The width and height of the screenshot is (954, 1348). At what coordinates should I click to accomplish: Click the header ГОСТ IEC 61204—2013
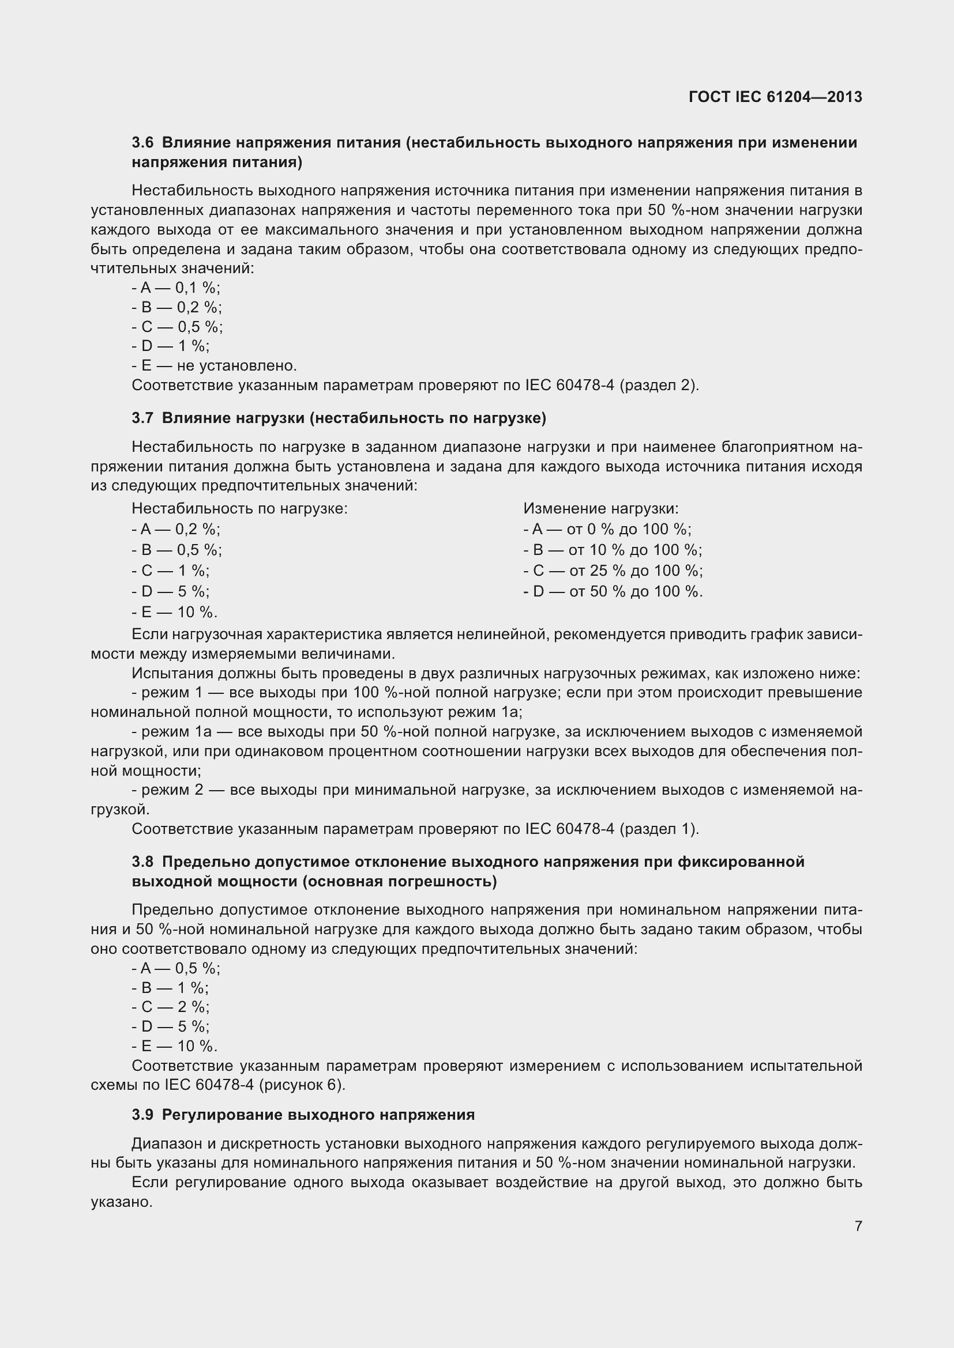(x=775, y=97)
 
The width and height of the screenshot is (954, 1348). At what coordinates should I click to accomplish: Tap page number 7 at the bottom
(x=858, y=1226)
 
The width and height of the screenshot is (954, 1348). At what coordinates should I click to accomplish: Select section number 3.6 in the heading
(x=142, y=143)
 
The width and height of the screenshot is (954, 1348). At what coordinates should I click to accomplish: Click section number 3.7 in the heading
(x=142, y=418)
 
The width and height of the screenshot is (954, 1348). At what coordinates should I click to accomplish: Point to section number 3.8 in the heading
(x=142, y=862)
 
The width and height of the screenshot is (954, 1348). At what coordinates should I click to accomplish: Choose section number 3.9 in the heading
(x=142, y=1115)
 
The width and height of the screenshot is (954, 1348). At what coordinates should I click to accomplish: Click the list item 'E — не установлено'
(x=215, y=366)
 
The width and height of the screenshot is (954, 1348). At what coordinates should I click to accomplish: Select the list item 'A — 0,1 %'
(x=176, y=288)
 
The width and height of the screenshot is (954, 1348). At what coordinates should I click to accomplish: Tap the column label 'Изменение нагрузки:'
(x=600, y=508)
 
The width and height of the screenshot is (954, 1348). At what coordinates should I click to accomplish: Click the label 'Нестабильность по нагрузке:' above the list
(x=240, y=508)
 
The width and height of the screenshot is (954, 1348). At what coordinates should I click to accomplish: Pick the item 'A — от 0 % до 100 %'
(x=607, y=530)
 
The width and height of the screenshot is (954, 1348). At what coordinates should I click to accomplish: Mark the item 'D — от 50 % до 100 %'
(x=613, y=591)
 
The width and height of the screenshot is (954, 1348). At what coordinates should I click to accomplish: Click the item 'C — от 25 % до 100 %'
(x=613, y=571)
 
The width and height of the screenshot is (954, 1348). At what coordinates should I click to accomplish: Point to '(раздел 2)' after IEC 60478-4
(x=659, y=385)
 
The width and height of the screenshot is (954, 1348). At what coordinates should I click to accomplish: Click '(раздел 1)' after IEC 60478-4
(x=659, y=829)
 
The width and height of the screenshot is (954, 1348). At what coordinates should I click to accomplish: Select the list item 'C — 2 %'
(x=171, y=1007)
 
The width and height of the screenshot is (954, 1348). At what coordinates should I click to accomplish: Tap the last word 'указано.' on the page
(x=122, y=1202)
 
